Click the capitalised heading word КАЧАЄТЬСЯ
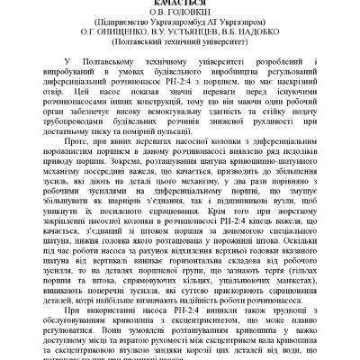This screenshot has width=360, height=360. [x=180, y=5]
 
